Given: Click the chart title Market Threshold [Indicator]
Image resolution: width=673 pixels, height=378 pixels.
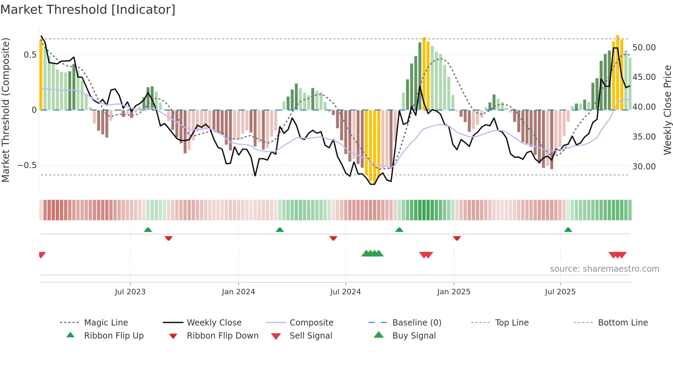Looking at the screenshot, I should pyautogui.click(x=88, y=10).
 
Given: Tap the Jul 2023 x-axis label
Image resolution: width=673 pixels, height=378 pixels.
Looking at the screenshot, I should pyautogui.click(x=130, y=292).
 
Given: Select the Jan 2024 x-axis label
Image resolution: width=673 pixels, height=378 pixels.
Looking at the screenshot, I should pyautogui.click(x=238, y=292).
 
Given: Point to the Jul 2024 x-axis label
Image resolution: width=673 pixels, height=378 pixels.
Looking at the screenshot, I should pyautogui.click(x=345, y=292).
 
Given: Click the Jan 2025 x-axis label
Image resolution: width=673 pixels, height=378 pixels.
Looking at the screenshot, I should pyautogui.click(x=454, y=292).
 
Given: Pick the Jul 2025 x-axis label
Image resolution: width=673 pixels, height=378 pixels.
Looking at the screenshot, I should pyautogui.click(x=560, y=292).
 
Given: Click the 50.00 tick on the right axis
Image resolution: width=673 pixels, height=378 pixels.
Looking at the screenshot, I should pyautogui.click(x=644, y=48).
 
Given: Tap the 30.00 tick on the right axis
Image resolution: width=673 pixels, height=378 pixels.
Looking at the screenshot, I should pyautogui.click(x=644, y=167).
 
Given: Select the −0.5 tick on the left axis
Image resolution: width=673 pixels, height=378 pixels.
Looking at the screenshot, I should pyautogui.click(x=27, y=165).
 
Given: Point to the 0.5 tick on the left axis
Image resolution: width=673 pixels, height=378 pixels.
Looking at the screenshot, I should pyautogui.click(x=30, y=55).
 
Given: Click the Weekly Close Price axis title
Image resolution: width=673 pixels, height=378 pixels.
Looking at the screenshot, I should pyautogui.click(x=667, y=110).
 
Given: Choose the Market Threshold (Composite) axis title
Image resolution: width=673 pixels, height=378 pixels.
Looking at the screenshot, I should pyautogui.click(x=5, y=110).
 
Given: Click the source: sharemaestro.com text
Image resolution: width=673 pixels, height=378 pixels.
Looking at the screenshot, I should pyautogui.click(x=604, y=269).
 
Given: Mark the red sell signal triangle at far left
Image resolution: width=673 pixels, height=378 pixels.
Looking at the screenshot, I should pyautogui.click(x=42, y=255).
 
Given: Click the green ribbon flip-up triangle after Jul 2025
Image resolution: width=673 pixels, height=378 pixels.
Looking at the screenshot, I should pyautogui.click(x=568, y=230).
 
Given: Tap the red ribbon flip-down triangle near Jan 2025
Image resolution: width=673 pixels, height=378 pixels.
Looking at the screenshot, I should pyautogui.click(x=457, y=238).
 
